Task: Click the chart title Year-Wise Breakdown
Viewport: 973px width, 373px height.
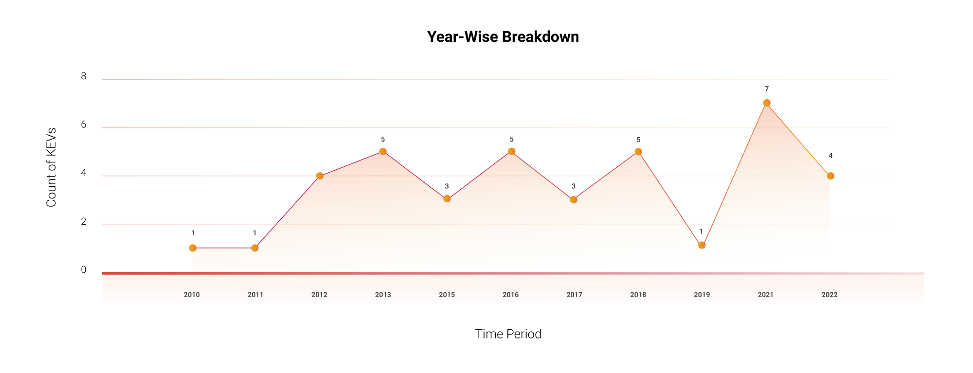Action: [503, 37]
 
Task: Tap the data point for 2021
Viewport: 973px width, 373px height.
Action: [767, 103]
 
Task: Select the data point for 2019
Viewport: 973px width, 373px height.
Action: [702, 245]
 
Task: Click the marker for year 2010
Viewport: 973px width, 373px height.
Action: [193, 248]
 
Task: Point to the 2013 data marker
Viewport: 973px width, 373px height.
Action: [383, 152]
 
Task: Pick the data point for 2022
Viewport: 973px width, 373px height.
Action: [830, 176]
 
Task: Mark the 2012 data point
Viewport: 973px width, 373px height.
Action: [320, 176]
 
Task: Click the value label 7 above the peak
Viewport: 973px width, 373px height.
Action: [767, 89]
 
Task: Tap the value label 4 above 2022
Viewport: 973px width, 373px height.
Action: [830, 156]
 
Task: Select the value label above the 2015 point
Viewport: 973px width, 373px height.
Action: [447, 186]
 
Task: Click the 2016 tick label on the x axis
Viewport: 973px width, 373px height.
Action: [511, 295]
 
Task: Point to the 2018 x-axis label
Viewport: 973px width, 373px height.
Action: [638, 295]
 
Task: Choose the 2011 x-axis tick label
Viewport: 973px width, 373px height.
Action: [255, 295]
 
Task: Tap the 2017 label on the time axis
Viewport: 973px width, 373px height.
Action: [575, 295]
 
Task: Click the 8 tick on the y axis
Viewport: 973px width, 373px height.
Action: [84, 76]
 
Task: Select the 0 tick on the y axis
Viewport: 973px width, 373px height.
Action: [84, 270]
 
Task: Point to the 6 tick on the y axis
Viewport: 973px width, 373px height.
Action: [84, 125]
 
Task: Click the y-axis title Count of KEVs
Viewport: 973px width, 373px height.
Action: [51, 167]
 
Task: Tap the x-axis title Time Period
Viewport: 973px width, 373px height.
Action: [508, 334]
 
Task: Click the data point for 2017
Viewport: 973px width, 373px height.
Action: [574, 200]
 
